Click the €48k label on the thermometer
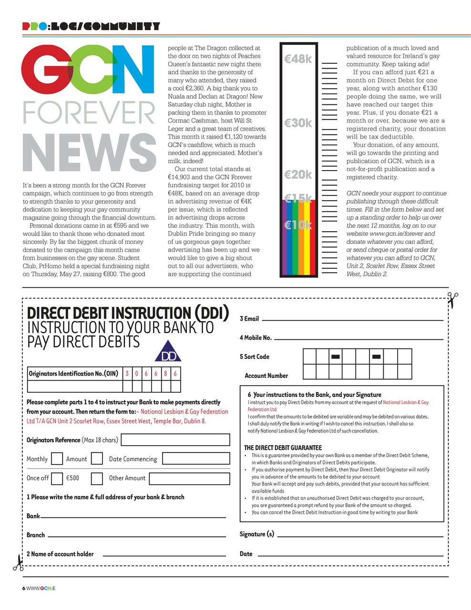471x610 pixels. click(x=298, y=59)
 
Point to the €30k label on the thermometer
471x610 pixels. click(x=298, y=123)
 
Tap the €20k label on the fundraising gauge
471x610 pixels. click(x=298, y=175)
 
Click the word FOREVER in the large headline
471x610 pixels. click(x=89, y=113)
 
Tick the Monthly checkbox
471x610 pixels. click(x=57, y=459)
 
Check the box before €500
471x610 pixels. click(x=57, y=478)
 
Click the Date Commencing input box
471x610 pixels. click(x=196, y=459)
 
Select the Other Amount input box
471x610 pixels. click(x=189, y=478)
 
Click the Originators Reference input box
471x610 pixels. click(x=175, y=440)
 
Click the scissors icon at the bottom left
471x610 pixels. click(x=18, y=563)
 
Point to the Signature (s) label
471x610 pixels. click(x=256, y=534)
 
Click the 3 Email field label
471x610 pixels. click(x=249, y=319)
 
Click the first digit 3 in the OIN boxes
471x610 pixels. click(x=127, y=374)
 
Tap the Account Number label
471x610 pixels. click(x=266, y=376)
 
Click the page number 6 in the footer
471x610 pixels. click(x=24, y=588)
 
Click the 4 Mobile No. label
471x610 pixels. click(x=256, y=338)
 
